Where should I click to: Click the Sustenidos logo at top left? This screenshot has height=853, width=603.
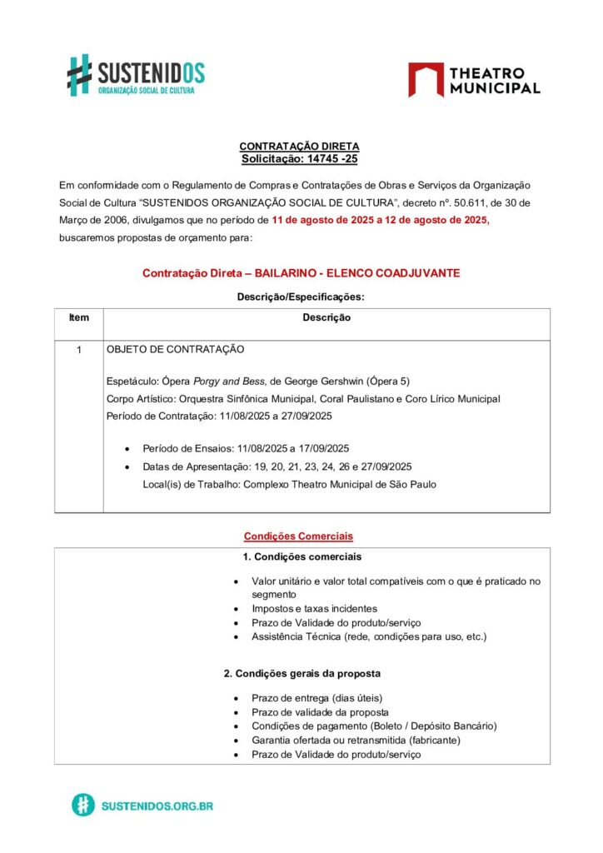click(136, 75)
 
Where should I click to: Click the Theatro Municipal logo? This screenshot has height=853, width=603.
click(473, 80)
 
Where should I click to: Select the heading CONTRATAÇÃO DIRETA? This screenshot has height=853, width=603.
click(299, 146)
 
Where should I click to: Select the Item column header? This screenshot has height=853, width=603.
click(78, 317)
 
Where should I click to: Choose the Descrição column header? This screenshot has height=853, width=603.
click(326, 317)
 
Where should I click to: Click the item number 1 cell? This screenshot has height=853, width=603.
click(78, 350)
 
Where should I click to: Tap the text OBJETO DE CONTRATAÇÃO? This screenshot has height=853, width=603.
click(175, 350)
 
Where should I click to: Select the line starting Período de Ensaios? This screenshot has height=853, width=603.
click(245, 448)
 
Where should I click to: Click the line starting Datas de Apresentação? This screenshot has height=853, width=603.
click(277, 466)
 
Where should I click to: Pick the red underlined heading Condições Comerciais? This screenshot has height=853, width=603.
click(298, 536)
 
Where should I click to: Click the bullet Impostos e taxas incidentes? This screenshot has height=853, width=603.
click(314, 609)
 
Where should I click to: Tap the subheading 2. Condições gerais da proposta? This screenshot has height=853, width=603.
click(301, 673)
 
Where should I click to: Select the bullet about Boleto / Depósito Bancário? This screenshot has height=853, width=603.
click(374, 726)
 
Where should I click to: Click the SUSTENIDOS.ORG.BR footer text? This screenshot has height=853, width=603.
click(157, 806)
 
